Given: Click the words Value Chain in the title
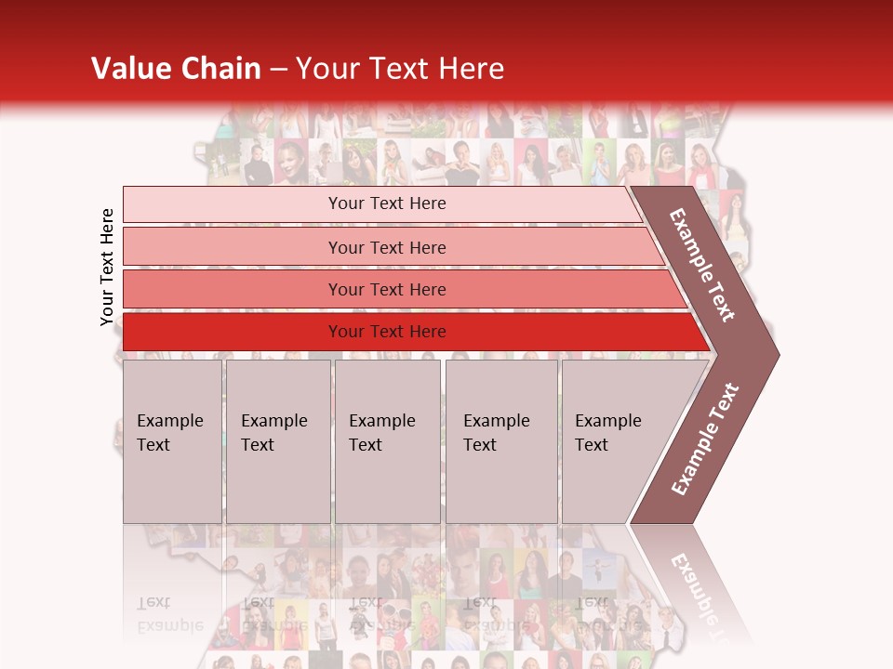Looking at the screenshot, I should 176,69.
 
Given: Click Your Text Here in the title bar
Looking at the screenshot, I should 400,69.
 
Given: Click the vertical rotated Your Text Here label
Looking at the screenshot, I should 107,268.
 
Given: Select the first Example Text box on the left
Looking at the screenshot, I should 172,441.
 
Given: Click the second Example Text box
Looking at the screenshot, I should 277,441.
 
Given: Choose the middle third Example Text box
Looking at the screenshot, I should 387,441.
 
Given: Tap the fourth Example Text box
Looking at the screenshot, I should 500,441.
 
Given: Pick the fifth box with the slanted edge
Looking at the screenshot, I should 614,441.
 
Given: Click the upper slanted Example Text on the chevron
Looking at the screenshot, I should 702,265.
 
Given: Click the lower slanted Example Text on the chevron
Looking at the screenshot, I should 705,439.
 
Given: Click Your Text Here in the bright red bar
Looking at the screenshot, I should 387,332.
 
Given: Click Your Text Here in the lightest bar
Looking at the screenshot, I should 387,203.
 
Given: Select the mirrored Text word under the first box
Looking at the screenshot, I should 154,602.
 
